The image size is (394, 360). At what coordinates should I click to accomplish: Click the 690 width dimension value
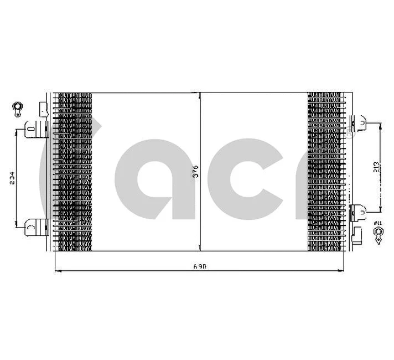click(x=200, y=266)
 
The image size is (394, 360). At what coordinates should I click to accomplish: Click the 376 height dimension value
click(x=195, y=172)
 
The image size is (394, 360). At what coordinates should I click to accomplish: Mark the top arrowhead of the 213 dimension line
click(x=381, y=125)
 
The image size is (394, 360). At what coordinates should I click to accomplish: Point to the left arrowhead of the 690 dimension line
click(x=58, y=271)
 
